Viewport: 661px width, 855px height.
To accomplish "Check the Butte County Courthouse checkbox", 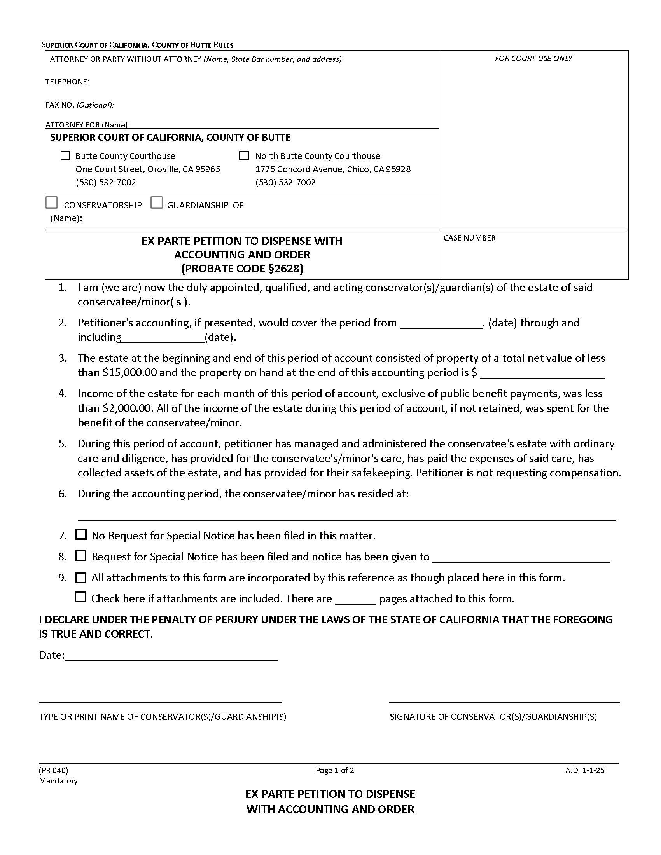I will tap(65, 155).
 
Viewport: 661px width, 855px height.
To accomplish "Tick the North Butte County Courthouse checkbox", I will tap(243, 155).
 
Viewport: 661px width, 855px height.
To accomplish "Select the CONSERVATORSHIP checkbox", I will tap(52, 203).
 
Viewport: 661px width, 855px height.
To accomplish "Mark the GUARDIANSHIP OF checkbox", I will tap(157, 203).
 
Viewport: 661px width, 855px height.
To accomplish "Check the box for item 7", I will tap(80, 534).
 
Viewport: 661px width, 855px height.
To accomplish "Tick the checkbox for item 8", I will tap(80, 555).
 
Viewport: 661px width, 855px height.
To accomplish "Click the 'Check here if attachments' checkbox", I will tap(80, 597).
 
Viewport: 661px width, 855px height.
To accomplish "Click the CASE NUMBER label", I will tap(470, 238).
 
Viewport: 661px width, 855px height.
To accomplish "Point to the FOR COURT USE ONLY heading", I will tap(533, 58).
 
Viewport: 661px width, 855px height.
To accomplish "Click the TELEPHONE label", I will tap(67, 82).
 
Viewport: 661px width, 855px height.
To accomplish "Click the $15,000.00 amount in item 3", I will tap(129, 372).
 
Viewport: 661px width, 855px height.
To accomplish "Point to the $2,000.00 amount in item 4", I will tap(127, 408).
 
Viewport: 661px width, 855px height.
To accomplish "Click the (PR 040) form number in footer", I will tap(54, 770).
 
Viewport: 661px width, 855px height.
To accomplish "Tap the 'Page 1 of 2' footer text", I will tap(335, 770).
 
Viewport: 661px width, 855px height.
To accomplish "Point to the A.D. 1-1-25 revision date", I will tap(584, 770).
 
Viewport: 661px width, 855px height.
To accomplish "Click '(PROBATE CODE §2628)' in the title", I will tap(242, 269).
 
